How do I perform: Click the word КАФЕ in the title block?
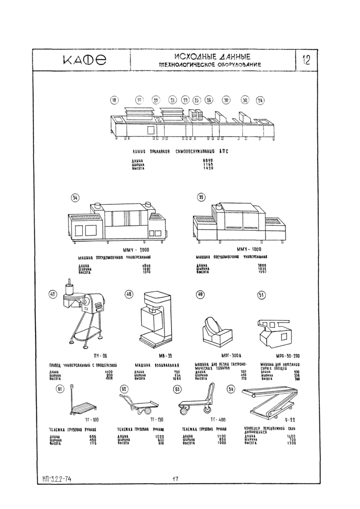(x=82, y=60)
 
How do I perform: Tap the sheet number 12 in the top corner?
(x=307, y=59)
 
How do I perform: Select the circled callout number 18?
(x=114, y=100)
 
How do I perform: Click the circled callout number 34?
(x=75, y=197)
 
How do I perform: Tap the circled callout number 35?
(x=201, y=196)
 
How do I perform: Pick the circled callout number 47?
(x=52, y=294)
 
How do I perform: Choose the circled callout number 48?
(x=129, y=294)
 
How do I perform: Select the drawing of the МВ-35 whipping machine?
(x=155, y=319)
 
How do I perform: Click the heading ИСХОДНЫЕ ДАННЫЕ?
(x=212, y=56)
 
